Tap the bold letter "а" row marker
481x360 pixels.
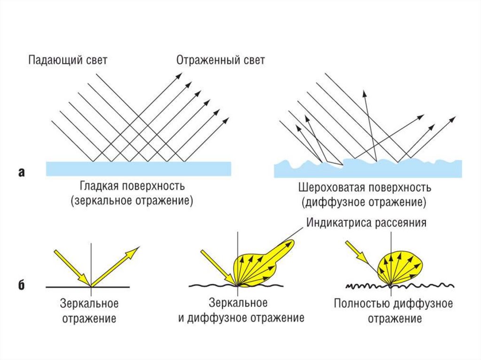[x=21, y=173]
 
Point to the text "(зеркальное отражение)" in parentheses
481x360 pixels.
[x=132, y=201]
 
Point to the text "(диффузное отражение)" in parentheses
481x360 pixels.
[x=364, y=203]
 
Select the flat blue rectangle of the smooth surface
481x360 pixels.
[x=139, y=169]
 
